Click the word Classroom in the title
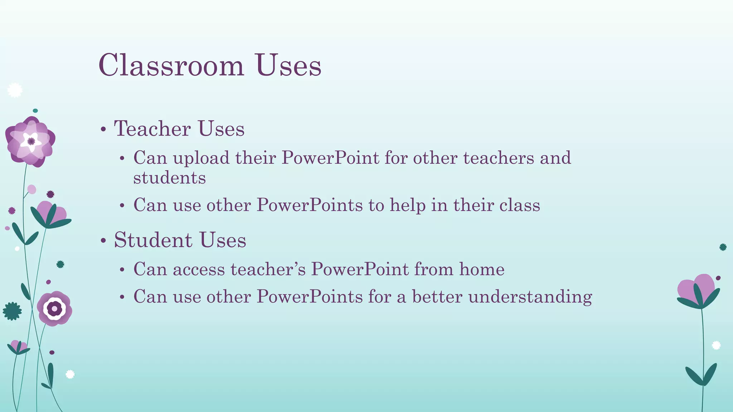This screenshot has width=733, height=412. (x=171, y=65)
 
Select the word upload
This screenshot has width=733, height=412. (x=201, y=158)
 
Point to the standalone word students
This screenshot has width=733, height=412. (x=169, y=178)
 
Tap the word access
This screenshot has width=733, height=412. (x=199, y=269)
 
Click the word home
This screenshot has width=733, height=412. (x=482, y=269)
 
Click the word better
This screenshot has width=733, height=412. (x=437, y=296)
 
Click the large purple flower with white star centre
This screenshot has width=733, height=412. (x=30, y=142)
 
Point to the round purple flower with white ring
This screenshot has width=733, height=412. (x=54, y=308)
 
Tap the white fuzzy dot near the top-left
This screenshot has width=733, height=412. (x=15, y=90)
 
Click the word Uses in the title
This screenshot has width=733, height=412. (x=288, y=65)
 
